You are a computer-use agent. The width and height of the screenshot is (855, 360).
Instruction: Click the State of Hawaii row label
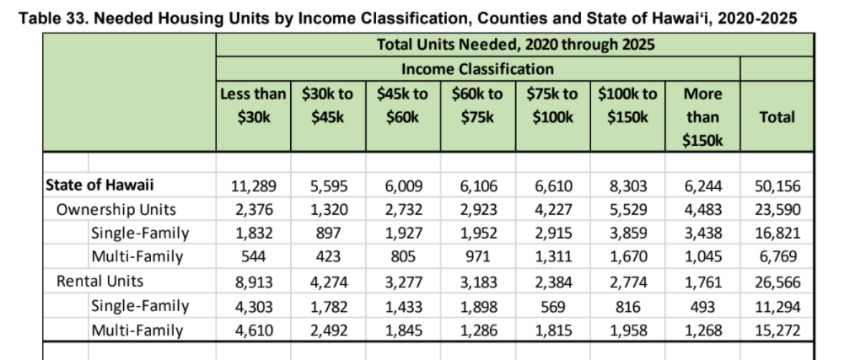click(99, 185)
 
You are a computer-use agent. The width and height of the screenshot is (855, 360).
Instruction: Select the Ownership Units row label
click(116, 209)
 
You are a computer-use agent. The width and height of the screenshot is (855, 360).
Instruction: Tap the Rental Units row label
click(99, 282)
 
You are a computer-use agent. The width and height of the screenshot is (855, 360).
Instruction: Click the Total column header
click(777, 116)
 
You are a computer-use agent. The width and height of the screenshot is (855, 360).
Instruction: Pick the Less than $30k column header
click(253, 105)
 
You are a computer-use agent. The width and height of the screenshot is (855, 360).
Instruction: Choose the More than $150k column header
click(702, 117)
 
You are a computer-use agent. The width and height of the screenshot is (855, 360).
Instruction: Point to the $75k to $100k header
click(552, 105)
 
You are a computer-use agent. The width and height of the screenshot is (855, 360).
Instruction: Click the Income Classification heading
click(477, 69)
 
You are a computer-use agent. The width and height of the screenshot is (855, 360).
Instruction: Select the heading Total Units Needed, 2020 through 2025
click(515, 44)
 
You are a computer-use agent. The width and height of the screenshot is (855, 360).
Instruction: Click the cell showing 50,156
click(777, 186)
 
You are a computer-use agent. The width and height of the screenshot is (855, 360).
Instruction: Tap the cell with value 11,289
click(253, 186)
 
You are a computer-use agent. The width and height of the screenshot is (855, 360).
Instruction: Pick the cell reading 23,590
click(777, 210)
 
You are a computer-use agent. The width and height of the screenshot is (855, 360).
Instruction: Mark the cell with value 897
click(328, 234)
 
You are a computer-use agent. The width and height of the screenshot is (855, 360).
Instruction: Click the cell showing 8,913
click(253, 282)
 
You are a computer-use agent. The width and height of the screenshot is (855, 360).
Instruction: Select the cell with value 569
click(552, 307)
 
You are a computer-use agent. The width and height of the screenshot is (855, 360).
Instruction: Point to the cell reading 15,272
click(777, 330)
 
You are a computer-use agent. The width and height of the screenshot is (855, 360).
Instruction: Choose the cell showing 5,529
click(627, 210)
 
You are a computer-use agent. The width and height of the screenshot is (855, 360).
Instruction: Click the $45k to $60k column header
click(402, 105)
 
